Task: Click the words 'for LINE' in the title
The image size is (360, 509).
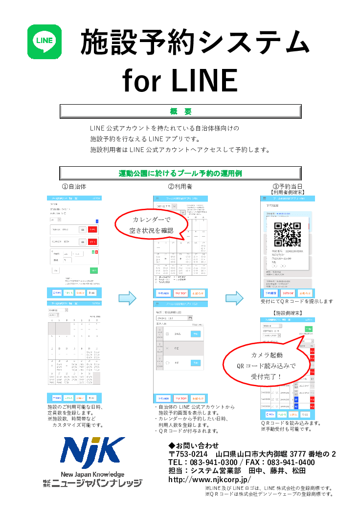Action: [x=180, y=80]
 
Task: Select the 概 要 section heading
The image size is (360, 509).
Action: [x=180, y=111]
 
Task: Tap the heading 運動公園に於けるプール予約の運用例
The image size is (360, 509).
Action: [x=180, y=174]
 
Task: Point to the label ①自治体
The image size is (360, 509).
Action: [x=74, y=187]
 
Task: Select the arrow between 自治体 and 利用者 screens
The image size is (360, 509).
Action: [x=127, y=297]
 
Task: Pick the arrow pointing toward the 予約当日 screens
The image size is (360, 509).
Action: [x=234, y=297]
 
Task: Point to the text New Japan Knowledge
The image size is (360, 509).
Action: [x=92, y=474]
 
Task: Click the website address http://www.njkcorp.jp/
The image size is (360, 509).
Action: [x=209, y=480]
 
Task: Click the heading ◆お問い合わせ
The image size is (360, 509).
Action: [x=194, y=445]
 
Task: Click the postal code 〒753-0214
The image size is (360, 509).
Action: [x=188, y=454]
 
